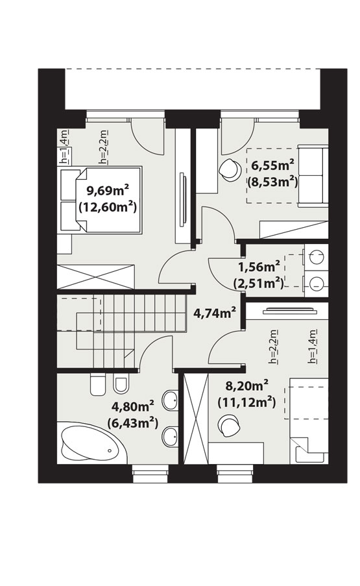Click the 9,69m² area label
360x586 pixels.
coord(108,191)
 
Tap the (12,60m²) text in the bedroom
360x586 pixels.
coord(108,206)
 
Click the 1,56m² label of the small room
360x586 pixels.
coord(259,267)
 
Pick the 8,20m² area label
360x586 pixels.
coord(247,385)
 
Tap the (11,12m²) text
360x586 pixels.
coord(246,402)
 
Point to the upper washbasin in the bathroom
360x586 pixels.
coord(171,400)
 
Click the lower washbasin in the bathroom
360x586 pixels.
coord(171,435)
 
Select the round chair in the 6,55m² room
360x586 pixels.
coord(229,169)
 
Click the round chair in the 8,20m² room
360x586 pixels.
coord(229,426)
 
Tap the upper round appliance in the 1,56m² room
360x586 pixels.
coord(317,257)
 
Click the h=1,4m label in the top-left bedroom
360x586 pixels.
coord(65,147)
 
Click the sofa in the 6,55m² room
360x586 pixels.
coord(313,176)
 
